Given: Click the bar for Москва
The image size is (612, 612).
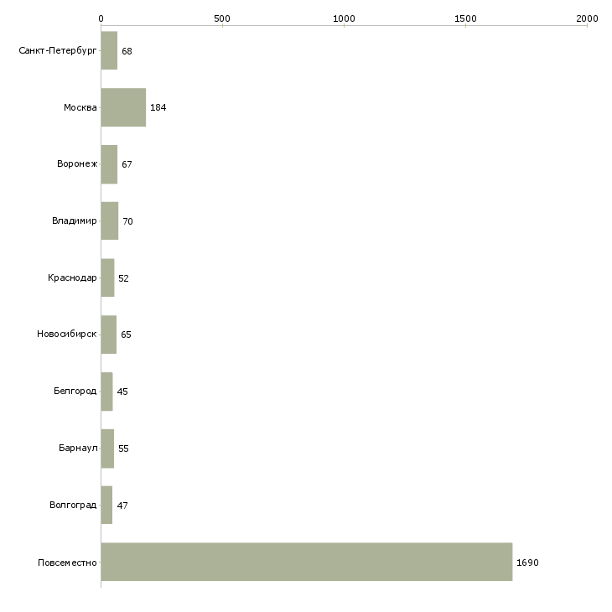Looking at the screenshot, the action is click(123, 107).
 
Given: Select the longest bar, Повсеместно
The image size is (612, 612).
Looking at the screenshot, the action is click(307, 562).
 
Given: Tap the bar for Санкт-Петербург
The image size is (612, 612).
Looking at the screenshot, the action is click(109, 50).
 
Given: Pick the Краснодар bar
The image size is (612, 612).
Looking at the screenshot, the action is click(107, 277).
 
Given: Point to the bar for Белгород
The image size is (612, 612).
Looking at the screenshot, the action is click(107, 392).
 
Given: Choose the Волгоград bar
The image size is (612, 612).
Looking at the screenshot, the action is click(106, 505).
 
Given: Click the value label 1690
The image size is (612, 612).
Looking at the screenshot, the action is click(527, 563).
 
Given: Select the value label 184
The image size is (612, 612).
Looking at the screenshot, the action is click(158, 107).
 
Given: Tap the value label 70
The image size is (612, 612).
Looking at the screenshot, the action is click(127, 221).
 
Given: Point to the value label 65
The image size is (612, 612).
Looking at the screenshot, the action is click(126, 335).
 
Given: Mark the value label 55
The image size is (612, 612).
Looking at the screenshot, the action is click(123, 449).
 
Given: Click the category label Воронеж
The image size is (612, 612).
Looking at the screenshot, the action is click(77, 163).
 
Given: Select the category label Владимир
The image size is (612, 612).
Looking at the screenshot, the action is click(74, 221).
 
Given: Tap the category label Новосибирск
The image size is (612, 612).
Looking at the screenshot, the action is click(67, 335).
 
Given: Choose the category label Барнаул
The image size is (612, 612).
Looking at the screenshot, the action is click(78, 448).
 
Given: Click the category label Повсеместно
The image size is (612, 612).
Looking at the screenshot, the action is click(67, 563).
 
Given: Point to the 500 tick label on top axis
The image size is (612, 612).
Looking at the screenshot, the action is click(222, 18).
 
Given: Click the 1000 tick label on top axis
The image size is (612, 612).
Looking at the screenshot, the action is click(344, 18).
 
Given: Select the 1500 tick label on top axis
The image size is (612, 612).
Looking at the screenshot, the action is click(465, 18).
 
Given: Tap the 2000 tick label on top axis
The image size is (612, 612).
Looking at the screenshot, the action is click(587, 18).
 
